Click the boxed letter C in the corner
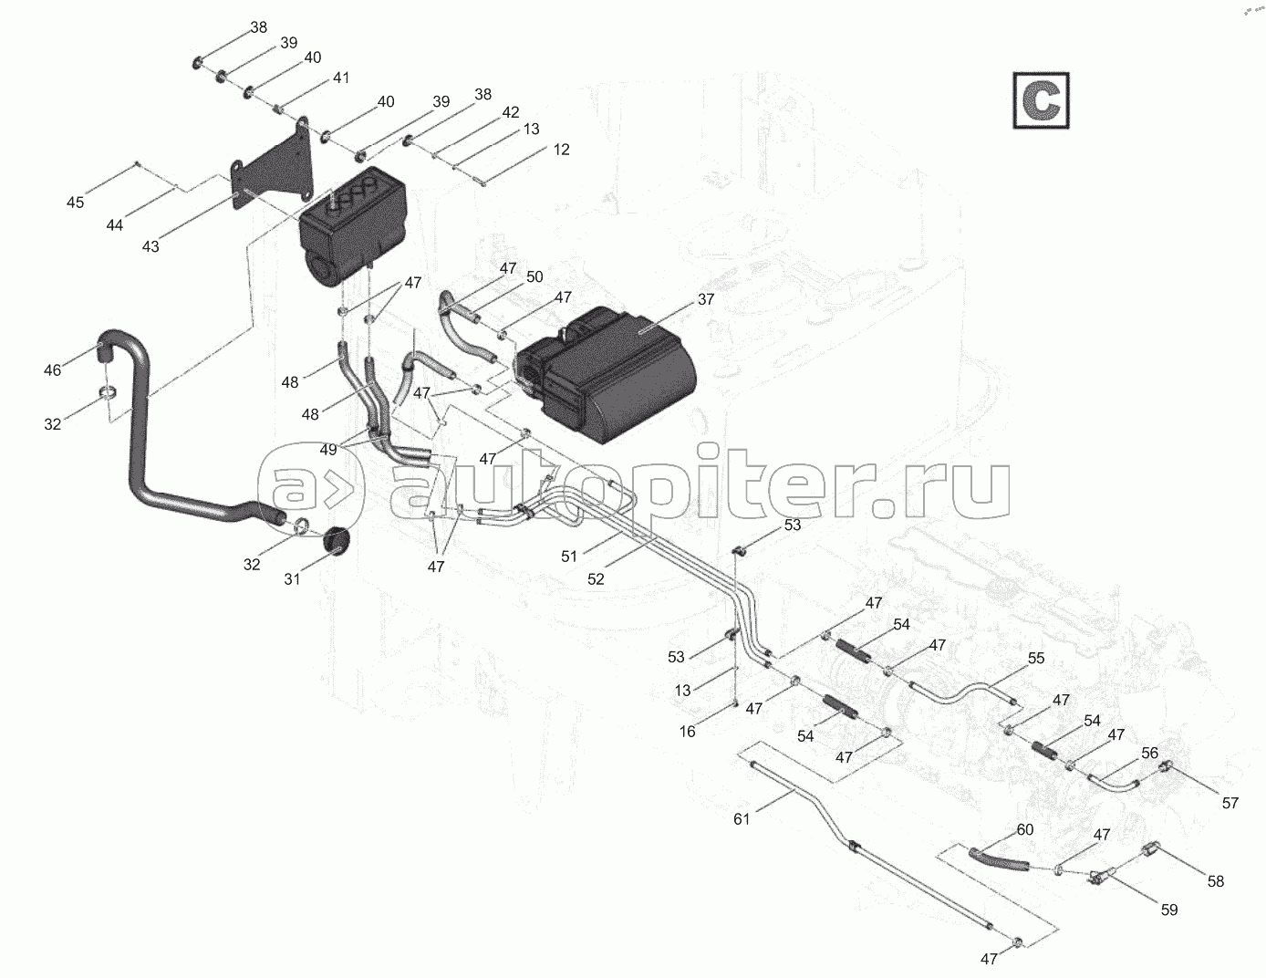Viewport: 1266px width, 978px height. tap(1041, 99)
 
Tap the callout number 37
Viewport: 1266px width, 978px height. tap(706, 299)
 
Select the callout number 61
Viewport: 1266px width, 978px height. tap(742, 819)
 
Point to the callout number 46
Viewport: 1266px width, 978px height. tap(53, 369)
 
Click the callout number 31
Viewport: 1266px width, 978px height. tap(292, 580)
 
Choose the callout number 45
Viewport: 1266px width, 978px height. tap(76, 203)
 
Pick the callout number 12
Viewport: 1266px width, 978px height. tap(561, 149)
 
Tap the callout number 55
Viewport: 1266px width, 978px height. tap(1036, 658)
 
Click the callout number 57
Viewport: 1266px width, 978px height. tap(1230, 803)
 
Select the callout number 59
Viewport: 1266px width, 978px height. tap(1168, 910)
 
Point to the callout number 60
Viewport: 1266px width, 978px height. tap(1024, 829)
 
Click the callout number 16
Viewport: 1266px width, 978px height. tap(687, 731)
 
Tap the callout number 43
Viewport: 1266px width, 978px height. tap(150, 246)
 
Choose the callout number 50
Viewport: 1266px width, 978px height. tap(534, 276)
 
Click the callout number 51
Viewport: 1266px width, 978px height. tap(569, 555)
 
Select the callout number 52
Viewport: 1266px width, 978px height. tap(596, 577)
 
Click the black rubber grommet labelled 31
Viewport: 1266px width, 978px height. tap(337, 539)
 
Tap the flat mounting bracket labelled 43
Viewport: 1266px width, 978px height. tap(274, 178)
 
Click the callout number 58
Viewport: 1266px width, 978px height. tap(1215, 881)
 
